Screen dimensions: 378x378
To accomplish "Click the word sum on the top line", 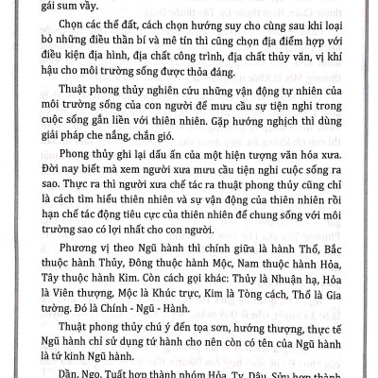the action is click(x=63, y=6).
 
